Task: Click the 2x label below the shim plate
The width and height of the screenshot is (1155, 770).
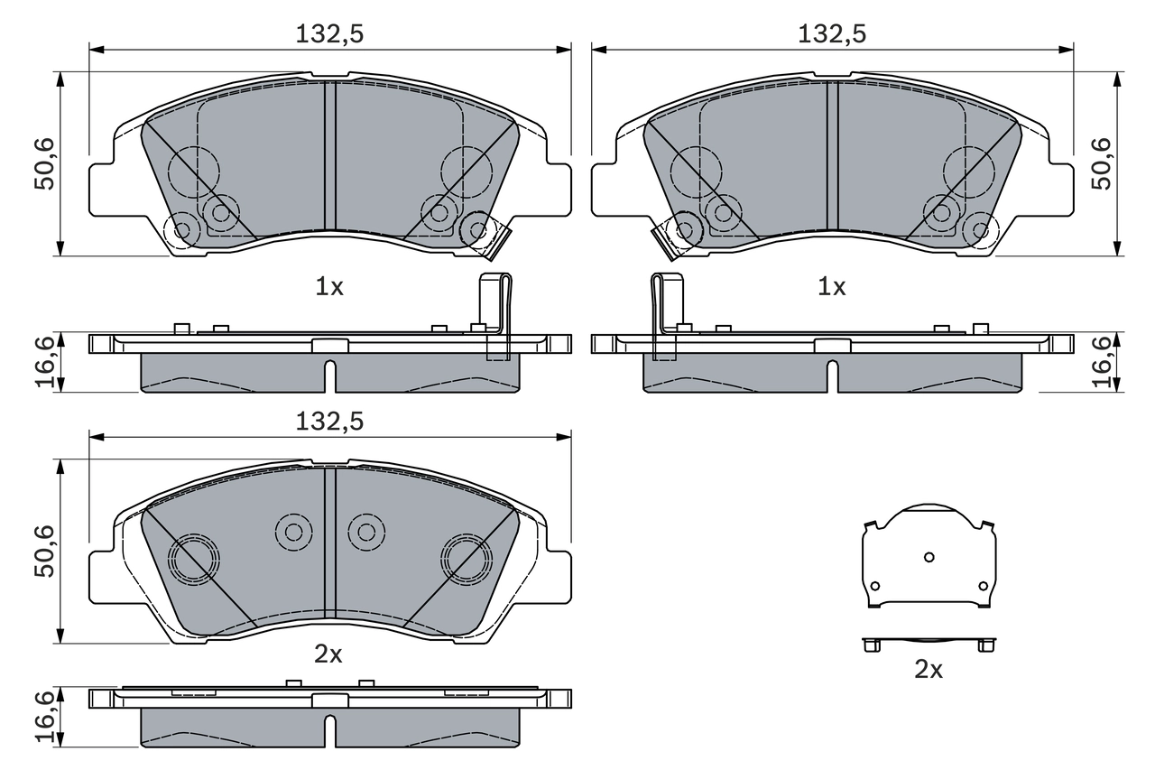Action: coord(929,670)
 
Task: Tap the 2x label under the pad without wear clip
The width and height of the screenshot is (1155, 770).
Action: coord(328,654)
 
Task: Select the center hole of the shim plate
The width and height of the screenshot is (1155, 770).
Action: coord(929,557)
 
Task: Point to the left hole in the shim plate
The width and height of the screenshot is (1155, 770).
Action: coord(874,586)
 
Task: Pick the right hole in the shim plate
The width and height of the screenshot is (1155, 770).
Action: coord(984,586)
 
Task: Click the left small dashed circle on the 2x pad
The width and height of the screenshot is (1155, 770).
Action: coord(293,532)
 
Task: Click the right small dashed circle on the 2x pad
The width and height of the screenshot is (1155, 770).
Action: coord(366,532)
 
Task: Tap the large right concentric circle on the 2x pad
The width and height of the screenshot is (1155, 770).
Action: coord(466,558)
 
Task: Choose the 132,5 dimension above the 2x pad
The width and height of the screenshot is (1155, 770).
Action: coord(329,422)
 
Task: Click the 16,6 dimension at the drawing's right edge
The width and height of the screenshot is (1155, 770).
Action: coord(1102,361)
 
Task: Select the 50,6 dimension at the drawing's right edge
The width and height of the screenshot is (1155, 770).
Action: coord(1102,163)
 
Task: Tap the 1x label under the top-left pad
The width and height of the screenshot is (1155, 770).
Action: coord(328,287)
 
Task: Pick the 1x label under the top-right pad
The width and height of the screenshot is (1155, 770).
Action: coord(831,287)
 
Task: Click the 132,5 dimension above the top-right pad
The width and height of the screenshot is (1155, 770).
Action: coord(832,33)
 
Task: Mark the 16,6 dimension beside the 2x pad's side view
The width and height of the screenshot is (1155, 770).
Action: coord(45,717)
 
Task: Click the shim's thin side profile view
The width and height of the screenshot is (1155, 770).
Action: coord(929,644)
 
